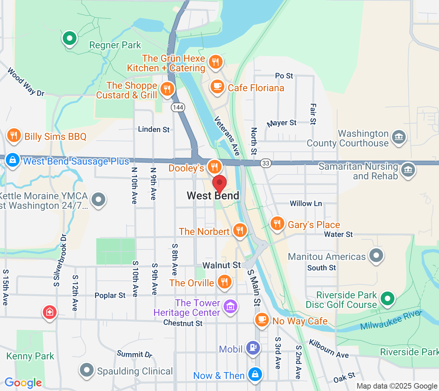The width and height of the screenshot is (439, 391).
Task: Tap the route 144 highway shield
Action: click(x=178, y=107)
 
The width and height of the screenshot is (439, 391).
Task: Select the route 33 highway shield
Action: click(x=266, y=163)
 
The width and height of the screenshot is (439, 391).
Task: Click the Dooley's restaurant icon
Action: click(x=214, y=167)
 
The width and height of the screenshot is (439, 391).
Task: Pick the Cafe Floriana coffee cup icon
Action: click(x=217, y=86)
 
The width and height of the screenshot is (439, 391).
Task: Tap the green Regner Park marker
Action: click(x=70, y=38)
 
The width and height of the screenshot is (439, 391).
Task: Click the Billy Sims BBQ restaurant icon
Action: click(x=14, y=135)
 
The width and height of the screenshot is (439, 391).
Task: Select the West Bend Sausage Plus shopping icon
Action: click(x=13, y=160)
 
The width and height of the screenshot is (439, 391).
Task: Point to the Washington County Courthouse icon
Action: click(x=399, y=137)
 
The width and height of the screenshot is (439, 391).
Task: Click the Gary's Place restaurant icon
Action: click(x=277, y=224)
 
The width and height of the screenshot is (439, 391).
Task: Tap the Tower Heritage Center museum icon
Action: click(x=230, y=306)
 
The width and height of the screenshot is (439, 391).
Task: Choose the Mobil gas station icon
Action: click(x=253, y=348)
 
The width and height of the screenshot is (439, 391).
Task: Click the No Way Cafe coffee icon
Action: click(x=262, y=320)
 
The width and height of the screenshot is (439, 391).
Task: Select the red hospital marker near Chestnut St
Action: click(x=50, y=312)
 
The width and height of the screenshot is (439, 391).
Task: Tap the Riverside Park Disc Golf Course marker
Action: click(x=388, y=298)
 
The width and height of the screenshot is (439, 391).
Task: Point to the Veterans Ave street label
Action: click(x=227, y=136)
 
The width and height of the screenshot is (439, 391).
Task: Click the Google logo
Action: click(x=23, y=383)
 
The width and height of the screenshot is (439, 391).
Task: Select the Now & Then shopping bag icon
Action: click(x=255, y=375)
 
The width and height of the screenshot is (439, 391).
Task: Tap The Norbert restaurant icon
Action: click(x=240, y=230)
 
